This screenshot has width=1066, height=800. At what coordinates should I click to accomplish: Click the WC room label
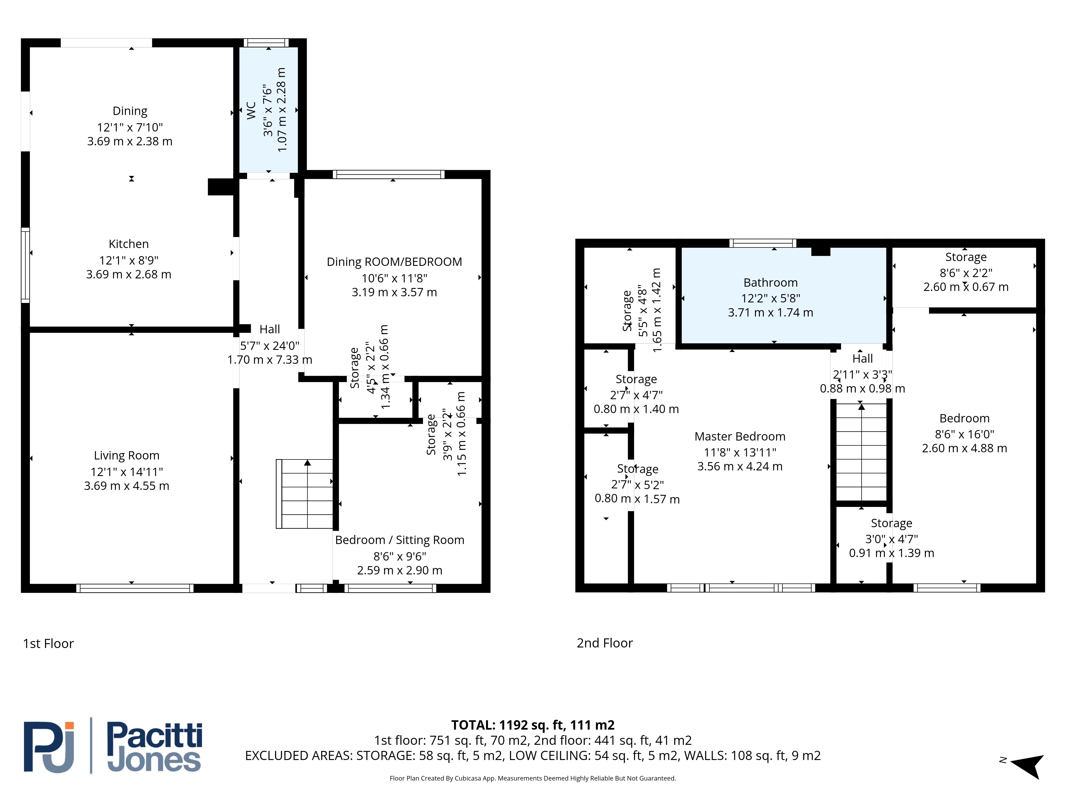(251, 110)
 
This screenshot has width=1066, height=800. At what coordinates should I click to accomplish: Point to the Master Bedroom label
(740, 437)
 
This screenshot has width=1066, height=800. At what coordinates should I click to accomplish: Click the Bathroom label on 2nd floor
(771, 283)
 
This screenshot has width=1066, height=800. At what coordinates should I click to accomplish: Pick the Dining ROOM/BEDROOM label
(394, 262)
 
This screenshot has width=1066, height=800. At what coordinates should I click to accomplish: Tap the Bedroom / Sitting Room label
(399, 540)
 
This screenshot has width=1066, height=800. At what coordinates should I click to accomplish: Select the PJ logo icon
(49, 747)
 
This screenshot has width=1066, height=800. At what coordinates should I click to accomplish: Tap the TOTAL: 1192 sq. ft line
(532, 725)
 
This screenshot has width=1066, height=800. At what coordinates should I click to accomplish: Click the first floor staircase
(305, 494)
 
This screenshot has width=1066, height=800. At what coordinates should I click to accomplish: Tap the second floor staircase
(861, 452)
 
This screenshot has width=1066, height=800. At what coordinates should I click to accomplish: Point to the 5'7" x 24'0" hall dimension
(270, 346)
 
